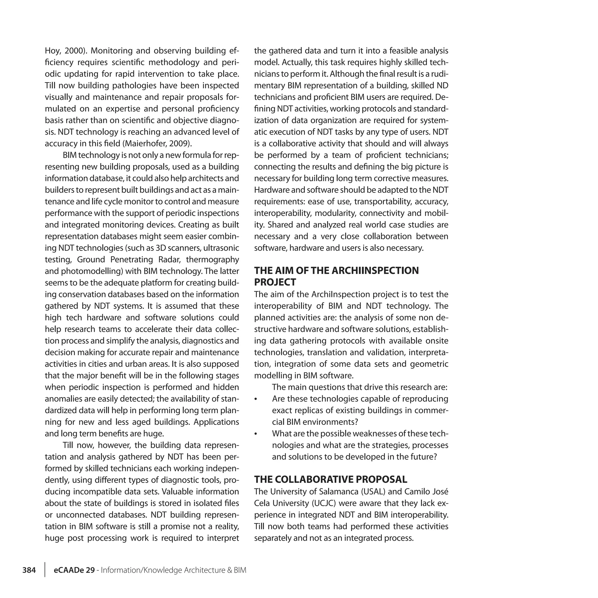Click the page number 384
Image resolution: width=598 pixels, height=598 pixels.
coord(29,570)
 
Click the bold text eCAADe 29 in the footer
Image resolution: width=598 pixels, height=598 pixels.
coord(74,570)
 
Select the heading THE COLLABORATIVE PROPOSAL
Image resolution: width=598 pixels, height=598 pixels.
coord(330,479)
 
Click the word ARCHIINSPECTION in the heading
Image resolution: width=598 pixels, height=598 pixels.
coord(375,270)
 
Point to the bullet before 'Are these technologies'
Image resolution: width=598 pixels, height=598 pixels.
coord(256,399)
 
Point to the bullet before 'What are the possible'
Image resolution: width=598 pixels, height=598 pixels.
coord(256,434)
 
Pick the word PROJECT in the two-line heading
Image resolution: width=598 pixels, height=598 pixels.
coord(275,282)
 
